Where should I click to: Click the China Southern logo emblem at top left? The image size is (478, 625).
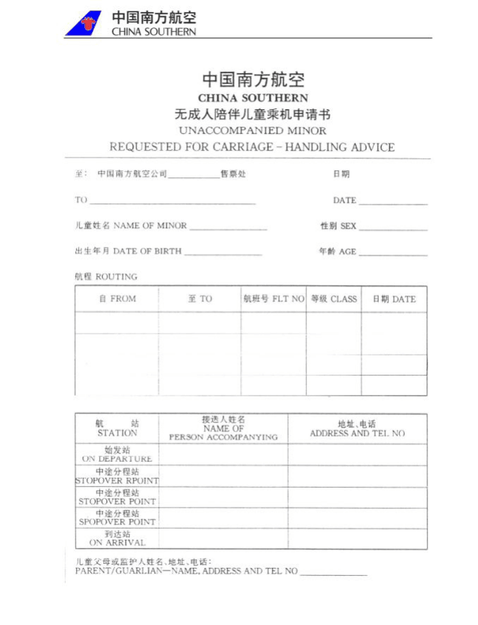(84, 23)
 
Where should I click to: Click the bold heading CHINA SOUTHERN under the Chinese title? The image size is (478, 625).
(253, 98)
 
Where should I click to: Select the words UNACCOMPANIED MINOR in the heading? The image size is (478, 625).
(252, 131)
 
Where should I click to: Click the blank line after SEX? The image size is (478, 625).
(393, 229)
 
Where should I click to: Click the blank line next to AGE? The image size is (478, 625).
(393, 254)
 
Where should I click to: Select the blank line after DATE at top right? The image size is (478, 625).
(393, 203)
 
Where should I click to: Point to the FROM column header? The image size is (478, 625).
(117, 298)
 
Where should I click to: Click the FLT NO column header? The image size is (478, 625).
(273, 298)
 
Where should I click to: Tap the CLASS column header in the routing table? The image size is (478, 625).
(334, 298)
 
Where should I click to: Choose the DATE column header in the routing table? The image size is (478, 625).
(394, 298)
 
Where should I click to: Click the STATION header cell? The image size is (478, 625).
(117, 428)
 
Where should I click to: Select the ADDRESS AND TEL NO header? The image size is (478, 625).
(357, 429)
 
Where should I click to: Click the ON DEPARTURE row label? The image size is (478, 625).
(117, 454)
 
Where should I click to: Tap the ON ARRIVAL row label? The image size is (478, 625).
(117, 538)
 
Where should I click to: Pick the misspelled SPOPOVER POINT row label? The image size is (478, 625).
(117, 517)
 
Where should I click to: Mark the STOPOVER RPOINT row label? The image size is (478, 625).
(117, 476)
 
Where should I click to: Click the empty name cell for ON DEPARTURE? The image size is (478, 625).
(223, 454)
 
